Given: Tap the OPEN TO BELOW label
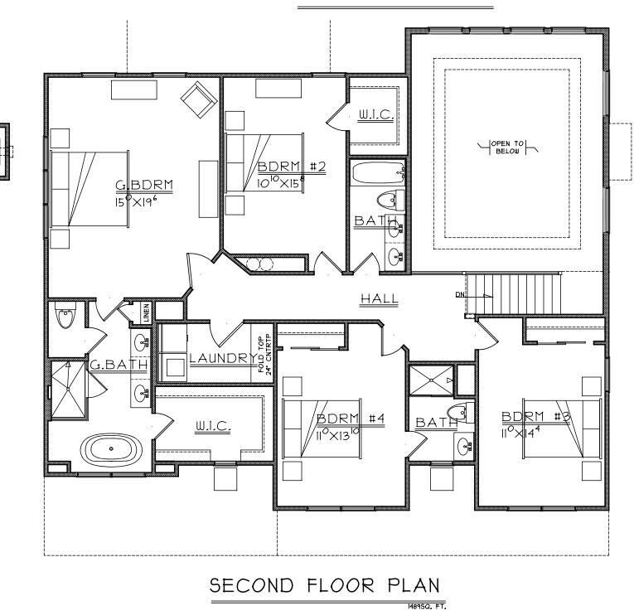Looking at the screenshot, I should (507, 148).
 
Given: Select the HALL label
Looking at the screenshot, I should (380, 299).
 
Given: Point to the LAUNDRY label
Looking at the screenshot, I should (222, 358).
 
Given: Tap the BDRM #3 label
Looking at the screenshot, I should (535, 416).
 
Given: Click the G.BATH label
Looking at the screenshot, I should (108, 364).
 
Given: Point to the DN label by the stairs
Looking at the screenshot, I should (461, 295).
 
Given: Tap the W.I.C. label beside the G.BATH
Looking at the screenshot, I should (213, 426).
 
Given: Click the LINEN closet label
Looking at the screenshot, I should (147, 313).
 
